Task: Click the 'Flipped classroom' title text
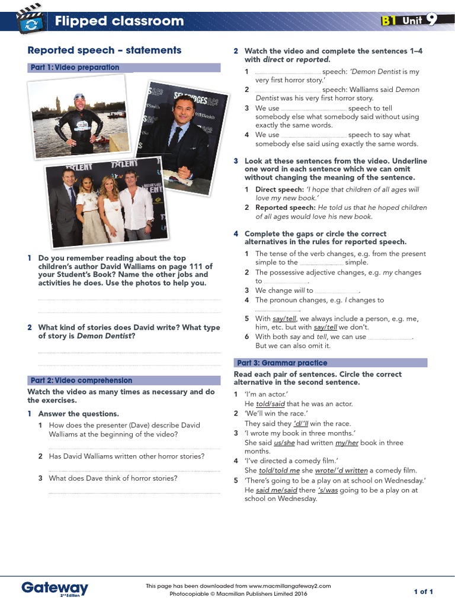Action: (x=119, y=21)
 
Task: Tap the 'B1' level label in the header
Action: (x=388, y=21)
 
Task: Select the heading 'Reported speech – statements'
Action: (x=104, y=50)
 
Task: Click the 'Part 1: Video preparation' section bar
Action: (x=124, y=68)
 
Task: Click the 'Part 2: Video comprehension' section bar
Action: (x=124, y=381)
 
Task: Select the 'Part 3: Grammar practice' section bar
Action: (x=330, y=363)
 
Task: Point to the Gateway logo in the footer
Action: (x=55, y=587)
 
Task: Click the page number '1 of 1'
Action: (x=424, y=592)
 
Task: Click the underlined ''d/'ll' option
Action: (x=301, y=423)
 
